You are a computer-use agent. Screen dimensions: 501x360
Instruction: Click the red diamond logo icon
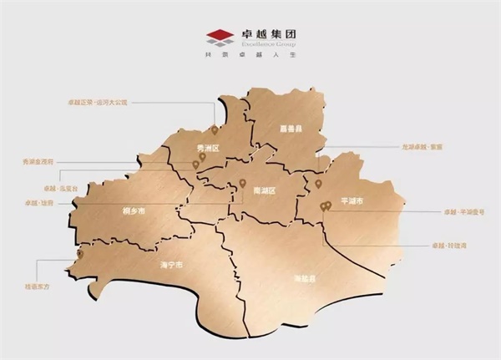click(x=220, y=36)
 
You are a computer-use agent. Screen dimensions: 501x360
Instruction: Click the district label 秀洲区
click(x=206, y=149)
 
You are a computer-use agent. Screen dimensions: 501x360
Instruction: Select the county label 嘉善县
click(x=290, y=129)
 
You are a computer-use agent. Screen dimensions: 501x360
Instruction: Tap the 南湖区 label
click(x=264, y=190)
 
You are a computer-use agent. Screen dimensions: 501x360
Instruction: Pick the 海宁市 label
click(x=171, y=265)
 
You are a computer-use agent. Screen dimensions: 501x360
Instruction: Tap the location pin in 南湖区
click(x=243, y=181)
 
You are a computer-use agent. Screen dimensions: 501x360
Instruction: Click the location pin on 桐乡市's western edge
click(x=80, y=252)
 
